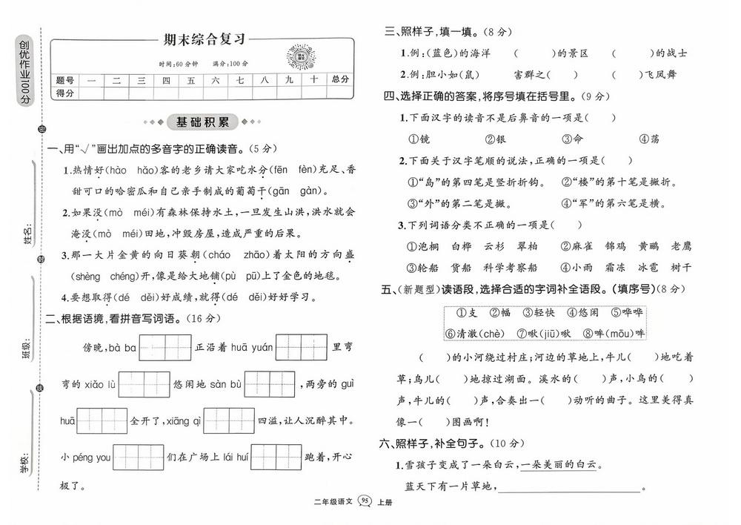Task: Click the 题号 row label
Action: click(x=65, y=80)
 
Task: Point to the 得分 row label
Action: click(x=65, y=93)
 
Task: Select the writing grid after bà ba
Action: click(x=165, y=347)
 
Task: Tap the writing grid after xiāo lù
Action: click(x=144, y=384)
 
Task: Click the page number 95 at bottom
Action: click(x=365, y=502)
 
